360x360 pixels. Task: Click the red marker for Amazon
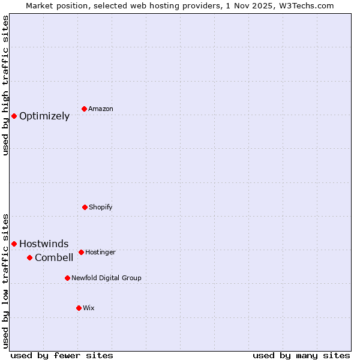tap(85, 109)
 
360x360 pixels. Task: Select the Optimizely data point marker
tap(14, 116)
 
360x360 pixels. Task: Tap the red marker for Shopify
tap(85, 207)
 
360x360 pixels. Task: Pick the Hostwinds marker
tap(14, 244)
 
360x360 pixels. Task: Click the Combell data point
tap(29, 257)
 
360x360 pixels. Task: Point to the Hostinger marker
tap(81, 252)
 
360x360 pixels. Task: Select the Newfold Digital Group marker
tap(67, 278)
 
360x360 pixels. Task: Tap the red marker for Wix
tap(79, 308)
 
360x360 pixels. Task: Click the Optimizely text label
tap(44, 116)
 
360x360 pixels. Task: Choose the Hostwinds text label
tap(44, 244)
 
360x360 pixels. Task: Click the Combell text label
tap(54, 258)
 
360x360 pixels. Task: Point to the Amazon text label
tap(101, 109)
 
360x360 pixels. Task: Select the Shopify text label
tap(101, 207)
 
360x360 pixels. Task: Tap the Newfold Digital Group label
tap(106, 278)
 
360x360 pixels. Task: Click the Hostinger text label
tap(100, 252)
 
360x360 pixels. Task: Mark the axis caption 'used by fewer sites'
tap(62, 355)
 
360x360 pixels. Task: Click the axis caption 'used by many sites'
tap(301, 355)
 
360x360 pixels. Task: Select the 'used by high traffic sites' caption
tap(5, 85)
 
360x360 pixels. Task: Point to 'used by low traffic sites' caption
tap(5, 280)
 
